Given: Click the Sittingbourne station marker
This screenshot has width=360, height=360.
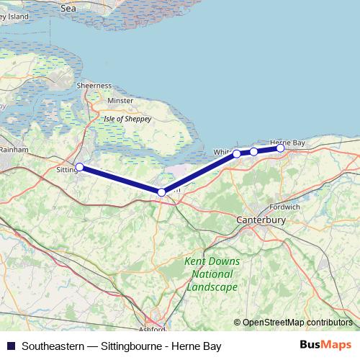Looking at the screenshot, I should click(x=79, y=167).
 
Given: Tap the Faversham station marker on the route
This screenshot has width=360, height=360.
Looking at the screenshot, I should click(x=161, y=192).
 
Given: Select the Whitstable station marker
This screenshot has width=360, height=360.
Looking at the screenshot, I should click(x=237, y=153).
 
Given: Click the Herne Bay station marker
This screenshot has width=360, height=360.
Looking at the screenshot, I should click(x=280, y=148).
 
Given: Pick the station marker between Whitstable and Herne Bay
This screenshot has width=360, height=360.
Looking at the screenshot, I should click(x=253, y=151).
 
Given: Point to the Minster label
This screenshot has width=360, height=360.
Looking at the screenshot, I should click(x=120, y=101).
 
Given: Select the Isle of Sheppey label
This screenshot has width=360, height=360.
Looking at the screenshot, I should click(x=127, y=119).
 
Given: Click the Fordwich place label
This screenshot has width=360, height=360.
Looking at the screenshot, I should click(x=285, y=207).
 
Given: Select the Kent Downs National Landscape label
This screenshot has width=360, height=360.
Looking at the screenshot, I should click(x=210, y=274).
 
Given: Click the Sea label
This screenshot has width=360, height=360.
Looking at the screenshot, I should click(x=68, y=9).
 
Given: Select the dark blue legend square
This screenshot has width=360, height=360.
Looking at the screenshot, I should click(x=11, y=346).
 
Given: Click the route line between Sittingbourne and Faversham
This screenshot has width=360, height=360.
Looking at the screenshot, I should click(x=120, y=180).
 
